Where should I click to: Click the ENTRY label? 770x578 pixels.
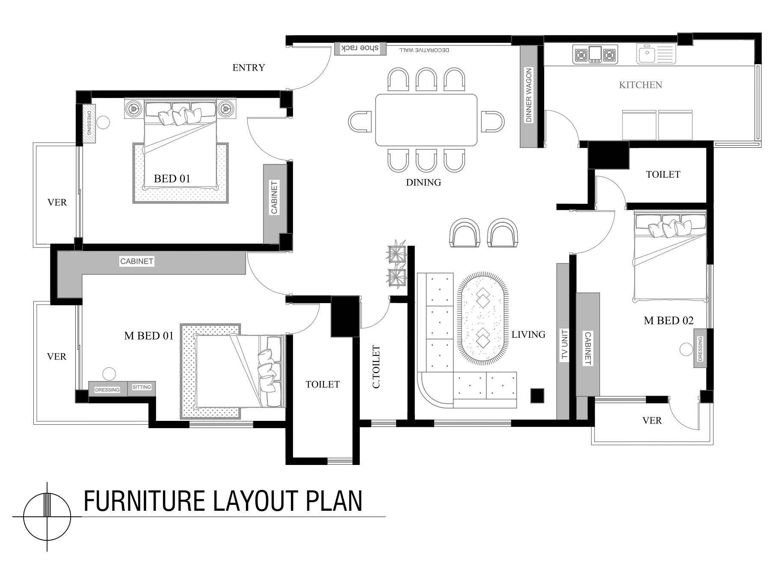pyautogui.click(x=249, y=68)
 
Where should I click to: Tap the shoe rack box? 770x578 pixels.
pyautogui.click(x=360, y=48)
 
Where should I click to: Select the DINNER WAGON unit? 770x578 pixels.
pyautogui.click(x=528, y=96)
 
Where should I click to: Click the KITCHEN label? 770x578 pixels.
pyautogui.click(x=640, y=85)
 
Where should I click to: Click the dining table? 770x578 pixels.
pyautogui.click(x=426, y=120)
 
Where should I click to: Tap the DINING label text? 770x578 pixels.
pyautogui.click(x=423, y=182)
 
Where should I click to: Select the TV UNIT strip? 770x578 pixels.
pyautogui.click(x=563, y=341)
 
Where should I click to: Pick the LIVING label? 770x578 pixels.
pyautogui.click(x=528, y=334)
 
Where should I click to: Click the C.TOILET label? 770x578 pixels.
pyautogui.click(x=376, y=367)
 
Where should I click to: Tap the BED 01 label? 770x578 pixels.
pyautogui.click(x=172, y=179)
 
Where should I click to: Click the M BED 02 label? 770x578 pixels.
pyautogui.click(x=669, y=320)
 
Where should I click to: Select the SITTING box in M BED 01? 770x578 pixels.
pyautogui.click(x=142, y=388)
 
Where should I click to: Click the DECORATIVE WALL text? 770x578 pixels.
pyautogui.click(x=424, y=50)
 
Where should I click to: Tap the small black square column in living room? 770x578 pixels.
pyautogui.click(x=537, y=396)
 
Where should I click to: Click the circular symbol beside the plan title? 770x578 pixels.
pyautogui.click(x=47, y=516)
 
